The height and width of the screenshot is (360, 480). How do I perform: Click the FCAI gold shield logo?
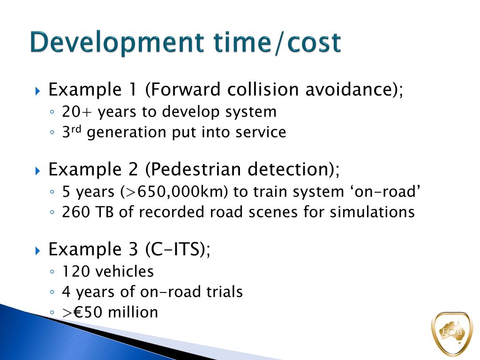451,333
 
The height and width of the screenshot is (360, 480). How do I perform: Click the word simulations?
372,212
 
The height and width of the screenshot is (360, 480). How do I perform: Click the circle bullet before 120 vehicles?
52,272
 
